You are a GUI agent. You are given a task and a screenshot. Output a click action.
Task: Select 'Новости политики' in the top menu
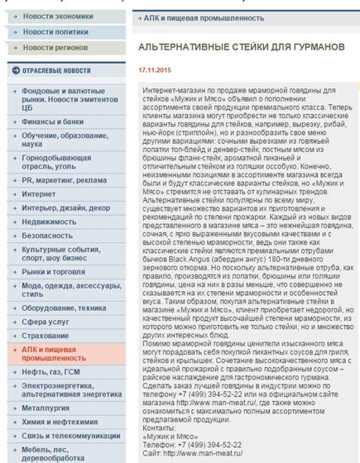pyautogui.click(x=56, y=31)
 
